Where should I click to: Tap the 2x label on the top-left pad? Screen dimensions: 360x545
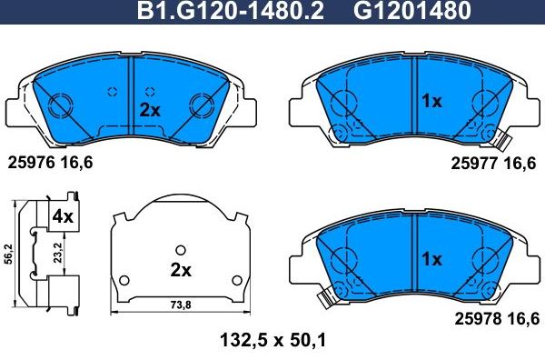coord(150,109)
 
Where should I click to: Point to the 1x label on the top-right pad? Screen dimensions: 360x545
coord(431,101)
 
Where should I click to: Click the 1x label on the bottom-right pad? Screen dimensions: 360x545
coord(431,259)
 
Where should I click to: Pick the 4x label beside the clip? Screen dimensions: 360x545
coord(62,216)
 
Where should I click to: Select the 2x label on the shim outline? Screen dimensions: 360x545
coord(181,270)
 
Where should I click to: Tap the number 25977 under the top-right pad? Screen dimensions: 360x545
coord(473,164)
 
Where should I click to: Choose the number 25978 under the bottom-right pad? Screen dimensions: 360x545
coord(473,318)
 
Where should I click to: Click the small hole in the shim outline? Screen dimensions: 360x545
coord(181,251)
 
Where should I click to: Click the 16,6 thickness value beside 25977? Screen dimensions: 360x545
coord(522,164)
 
